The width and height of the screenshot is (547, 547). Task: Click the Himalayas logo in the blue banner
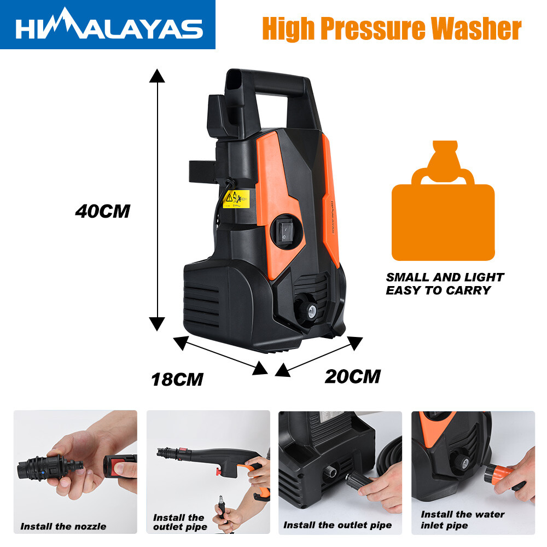point(109,25)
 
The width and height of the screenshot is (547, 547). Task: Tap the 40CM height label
point(103,211)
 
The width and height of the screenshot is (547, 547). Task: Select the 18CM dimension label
point(177,380)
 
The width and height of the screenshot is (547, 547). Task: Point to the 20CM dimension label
point(353,377)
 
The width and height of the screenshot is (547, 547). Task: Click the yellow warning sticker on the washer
point(236,199)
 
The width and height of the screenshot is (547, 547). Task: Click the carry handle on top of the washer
point(276,84)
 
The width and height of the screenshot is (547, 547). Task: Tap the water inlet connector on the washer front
point(306,308)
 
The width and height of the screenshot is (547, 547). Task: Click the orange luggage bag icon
point(443,201)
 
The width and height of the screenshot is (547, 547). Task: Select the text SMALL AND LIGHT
point(445,277)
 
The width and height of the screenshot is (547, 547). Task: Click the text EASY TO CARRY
point(438,290)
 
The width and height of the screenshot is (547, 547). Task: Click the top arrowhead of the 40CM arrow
point(157,75)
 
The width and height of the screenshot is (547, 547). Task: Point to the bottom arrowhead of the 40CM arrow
point(157,324)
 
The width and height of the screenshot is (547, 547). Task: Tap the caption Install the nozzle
point(63,526)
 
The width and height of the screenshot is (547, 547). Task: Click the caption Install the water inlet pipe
point(463,520)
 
